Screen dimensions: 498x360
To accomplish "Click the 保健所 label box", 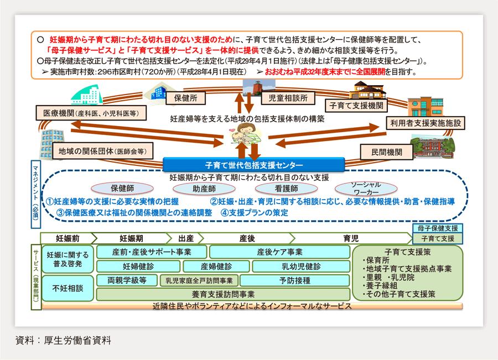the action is pos(190,97).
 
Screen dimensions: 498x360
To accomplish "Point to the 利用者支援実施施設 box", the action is pos(426,123).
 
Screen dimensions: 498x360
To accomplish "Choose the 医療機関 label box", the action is pos(91,113).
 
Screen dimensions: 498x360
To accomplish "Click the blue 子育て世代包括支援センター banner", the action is pos(254,165).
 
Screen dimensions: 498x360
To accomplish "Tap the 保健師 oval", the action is pos(123,189).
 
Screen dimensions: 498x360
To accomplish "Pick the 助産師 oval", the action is pos(204,189).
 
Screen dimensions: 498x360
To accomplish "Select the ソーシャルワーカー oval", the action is pos(366,188).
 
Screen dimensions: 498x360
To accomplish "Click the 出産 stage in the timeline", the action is pos(186,238).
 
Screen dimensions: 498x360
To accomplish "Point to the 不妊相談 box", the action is pos(68,288).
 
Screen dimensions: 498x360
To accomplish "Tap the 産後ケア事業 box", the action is pos(279,252).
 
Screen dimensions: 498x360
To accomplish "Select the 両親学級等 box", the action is pos(127,280).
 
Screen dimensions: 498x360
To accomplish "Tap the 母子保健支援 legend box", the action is pos(439,228).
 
